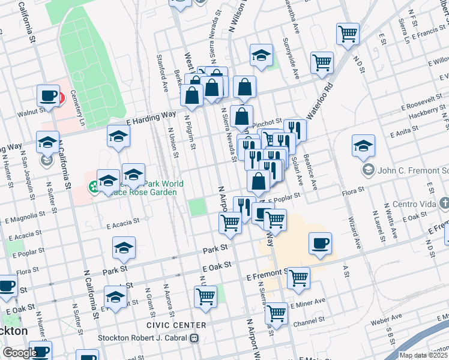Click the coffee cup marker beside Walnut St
click(48, 95)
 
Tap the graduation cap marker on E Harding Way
click(119, 136)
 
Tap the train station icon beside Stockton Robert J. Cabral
click(194, 338)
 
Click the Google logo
click(19, 352)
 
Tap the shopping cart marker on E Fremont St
click(298, 278)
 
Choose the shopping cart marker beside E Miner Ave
click(276, 312)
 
